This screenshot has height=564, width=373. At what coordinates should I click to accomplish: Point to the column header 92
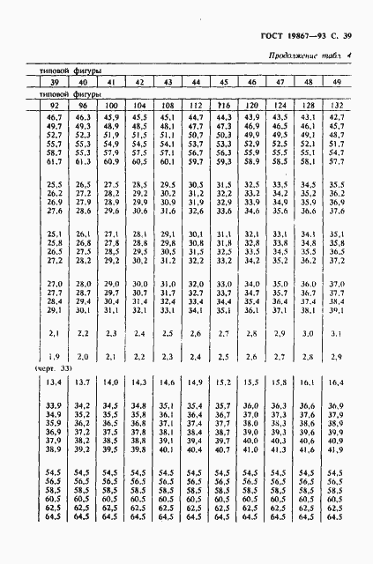tap(53, 105)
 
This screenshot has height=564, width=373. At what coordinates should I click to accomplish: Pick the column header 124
tap(279, 105)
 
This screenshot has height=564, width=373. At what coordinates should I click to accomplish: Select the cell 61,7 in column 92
tap(53, 161)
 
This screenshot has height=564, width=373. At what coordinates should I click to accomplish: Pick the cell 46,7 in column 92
tap(53, 117)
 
